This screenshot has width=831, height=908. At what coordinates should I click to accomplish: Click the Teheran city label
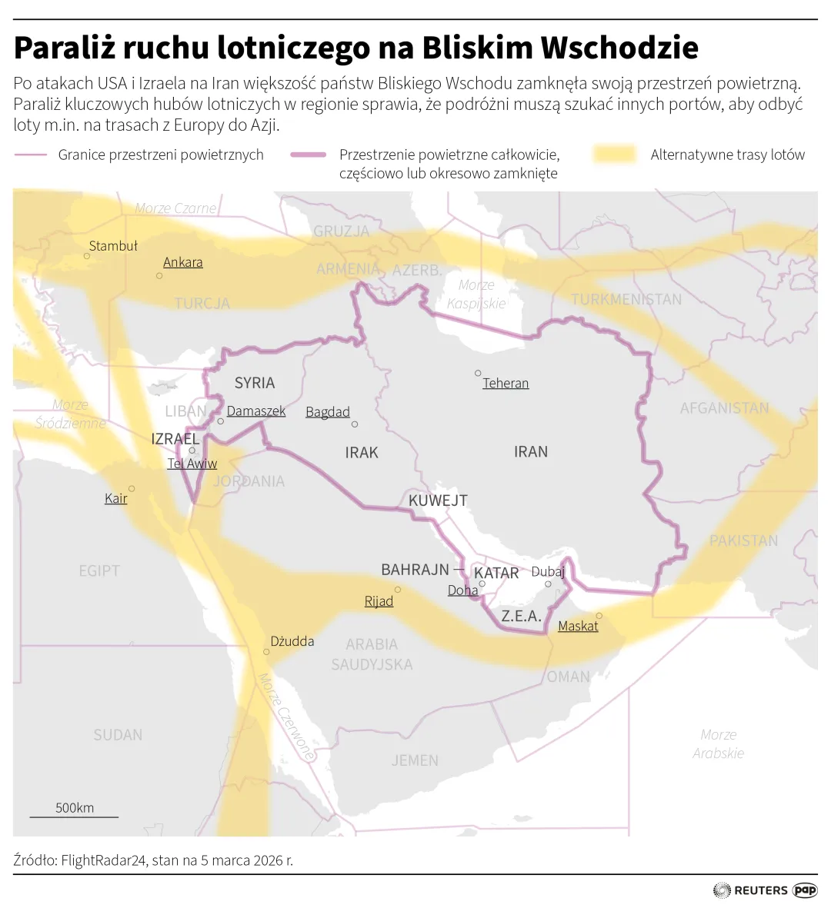506,383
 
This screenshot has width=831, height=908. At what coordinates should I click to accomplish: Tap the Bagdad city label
328,412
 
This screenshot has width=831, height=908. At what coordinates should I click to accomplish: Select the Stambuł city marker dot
87,256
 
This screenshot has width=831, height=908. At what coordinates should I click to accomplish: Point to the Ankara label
183,262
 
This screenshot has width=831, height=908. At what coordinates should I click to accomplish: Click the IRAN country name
531,451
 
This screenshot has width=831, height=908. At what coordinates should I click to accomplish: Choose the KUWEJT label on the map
438,501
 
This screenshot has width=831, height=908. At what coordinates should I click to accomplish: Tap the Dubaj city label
548,571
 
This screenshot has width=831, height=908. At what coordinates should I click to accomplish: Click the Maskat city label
578,626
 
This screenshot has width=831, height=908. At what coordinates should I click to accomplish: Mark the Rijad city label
379,600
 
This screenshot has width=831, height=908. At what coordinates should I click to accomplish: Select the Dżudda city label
292,640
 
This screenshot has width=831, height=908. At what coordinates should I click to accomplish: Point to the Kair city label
116,498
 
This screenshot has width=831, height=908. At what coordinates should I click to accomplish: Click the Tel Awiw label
192,464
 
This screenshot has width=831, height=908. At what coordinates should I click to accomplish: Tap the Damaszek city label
256,411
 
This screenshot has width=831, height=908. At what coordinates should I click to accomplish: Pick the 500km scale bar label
75,807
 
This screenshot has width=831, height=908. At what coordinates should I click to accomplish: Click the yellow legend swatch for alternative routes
615,155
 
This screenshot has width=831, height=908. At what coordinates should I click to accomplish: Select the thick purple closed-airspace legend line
309,155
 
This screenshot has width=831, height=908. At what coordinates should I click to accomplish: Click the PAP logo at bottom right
805,890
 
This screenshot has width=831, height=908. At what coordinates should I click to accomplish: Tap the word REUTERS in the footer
761,890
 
